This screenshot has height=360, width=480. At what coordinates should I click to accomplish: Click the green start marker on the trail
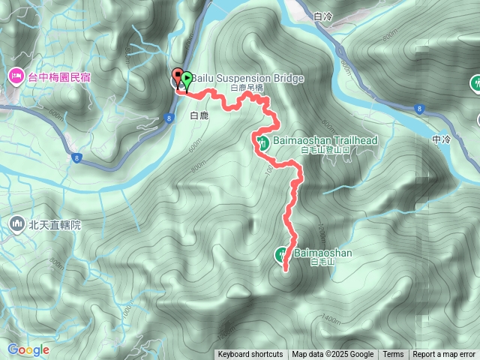click(187, 77)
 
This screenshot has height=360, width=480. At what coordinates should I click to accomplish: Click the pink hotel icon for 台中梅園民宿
click(16, 76)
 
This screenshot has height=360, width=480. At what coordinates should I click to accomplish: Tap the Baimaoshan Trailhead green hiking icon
click(262, 142)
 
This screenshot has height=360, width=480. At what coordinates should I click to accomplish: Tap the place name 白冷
click(324, 16)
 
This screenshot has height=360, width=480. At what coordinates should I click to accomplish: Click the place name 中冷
click(443, 139)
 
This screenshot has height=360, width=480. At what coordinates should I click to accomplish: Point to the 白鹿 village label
click(199, 115)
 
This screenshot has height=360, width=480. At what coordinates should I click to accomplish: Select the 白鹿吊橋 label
click(247, 88)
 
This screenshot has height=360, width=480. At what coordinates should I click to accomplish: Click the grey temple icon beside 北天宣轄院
click(16, 223)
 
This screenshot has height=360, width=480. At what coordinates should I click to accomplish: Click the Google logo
click(28, 349)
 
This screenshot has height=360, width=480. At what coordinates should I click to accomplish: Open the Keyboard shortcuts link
click(250, 355)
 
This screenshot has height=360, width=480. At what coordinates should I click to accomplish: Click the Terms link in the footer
click(393, 355)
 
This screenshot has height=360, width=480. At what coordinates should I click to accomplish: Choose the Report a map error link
click(444, 355)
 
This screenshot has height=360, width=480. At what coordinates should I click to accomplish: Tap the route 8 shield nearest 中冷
click(419, 109)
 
